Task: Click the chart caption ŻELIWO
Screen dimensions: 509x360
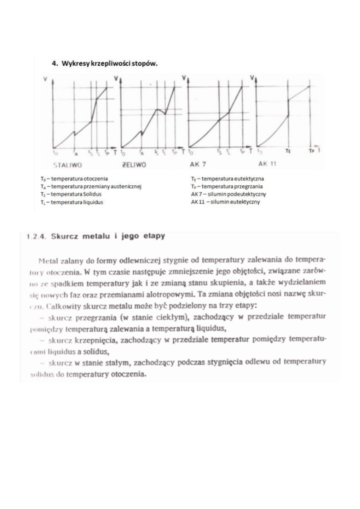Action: coord(133,164)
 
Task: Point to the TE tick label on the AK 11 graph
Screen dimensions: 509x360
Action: coord(288,152)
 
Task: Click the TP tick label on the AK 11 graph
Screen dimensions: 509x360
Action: coord(311,152)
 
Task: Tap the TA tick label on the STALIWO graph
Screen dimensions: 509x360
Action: coord(75,153)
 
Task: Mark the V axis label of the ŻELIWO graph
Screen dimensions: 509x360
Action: coord(116,79)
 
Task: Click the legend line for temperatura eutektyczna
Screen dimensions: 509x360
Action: coord(227,178)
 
